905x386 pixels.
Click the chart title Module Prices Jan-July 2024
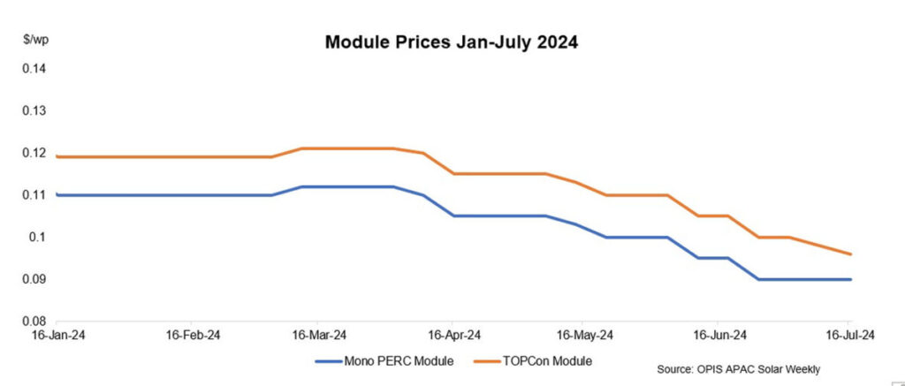tap(452, 42)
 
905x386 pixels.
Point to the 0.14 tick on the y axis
tap(33, 69)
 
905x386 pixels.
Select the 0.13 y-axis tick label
tap(33, 111)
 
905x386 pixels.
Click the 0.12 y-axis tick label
tap(33, 153)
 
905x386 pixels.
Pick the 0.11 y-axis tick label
tap(33, 195)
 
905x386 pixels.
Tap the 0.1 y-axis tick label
tap(36, 237)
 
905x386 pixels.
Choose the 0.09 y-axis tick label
tap(33, 279)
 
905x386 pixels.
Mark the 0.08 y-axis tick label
tap(33, 321)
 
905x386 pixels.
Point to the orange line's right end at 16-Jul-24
tap(850, 254)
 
